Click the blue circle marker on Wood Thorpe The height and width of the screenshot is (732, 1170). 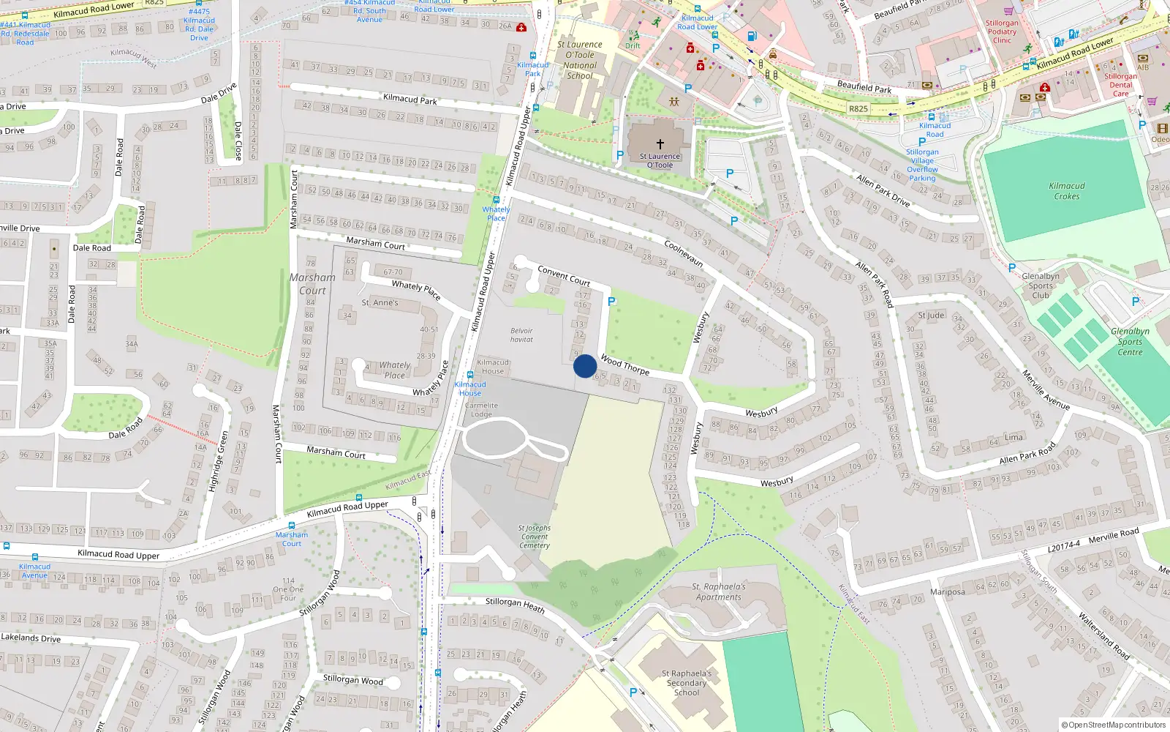tap(585, 366)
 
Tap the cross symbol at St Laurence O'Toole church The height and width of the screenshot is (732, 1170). tap(660, 144)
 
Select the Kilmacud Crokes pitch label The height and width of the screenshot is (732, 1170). tap(1067, 191)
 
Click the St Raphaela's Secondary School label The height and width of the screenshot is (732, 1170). tap(686, 683)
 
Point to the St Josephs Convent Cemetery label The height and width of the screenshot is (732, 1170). tap(535, 537)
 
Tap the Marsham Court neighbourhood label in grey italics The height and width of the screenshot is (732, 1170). tap(312, 284)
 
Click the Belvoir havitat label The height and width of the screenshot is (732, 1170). tap(521, 335)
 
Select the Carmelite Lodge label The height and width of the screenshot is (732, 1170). tap(481, 409)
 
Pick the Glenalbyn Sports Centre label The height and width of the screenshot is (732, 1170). tap(1130, 342)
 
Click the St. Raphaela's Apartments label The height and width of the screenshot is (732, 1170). tap(719, 591)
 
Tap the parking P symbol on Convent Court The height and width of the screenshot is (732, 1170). tap(612, 302)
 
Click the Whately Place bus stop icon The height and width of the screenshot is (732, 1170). tap(496, 200)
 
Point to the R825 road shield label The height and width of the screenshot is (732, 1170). tap(858, 109)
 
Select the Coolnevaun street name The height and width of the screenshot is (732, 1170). tap(684, 253)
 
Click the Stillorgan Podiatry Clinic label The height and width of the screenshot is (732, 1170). tap(1002, 31)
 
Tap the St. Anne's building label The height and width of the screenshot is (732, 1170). tap(380, 302)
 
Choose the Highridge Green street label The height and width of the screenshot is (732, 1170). tap(218, 461)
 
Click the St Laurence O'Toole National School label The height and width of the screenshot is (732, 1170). tap(580, 60)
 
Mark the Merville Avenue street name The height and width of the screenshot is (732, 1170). tap(1046, 391)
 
